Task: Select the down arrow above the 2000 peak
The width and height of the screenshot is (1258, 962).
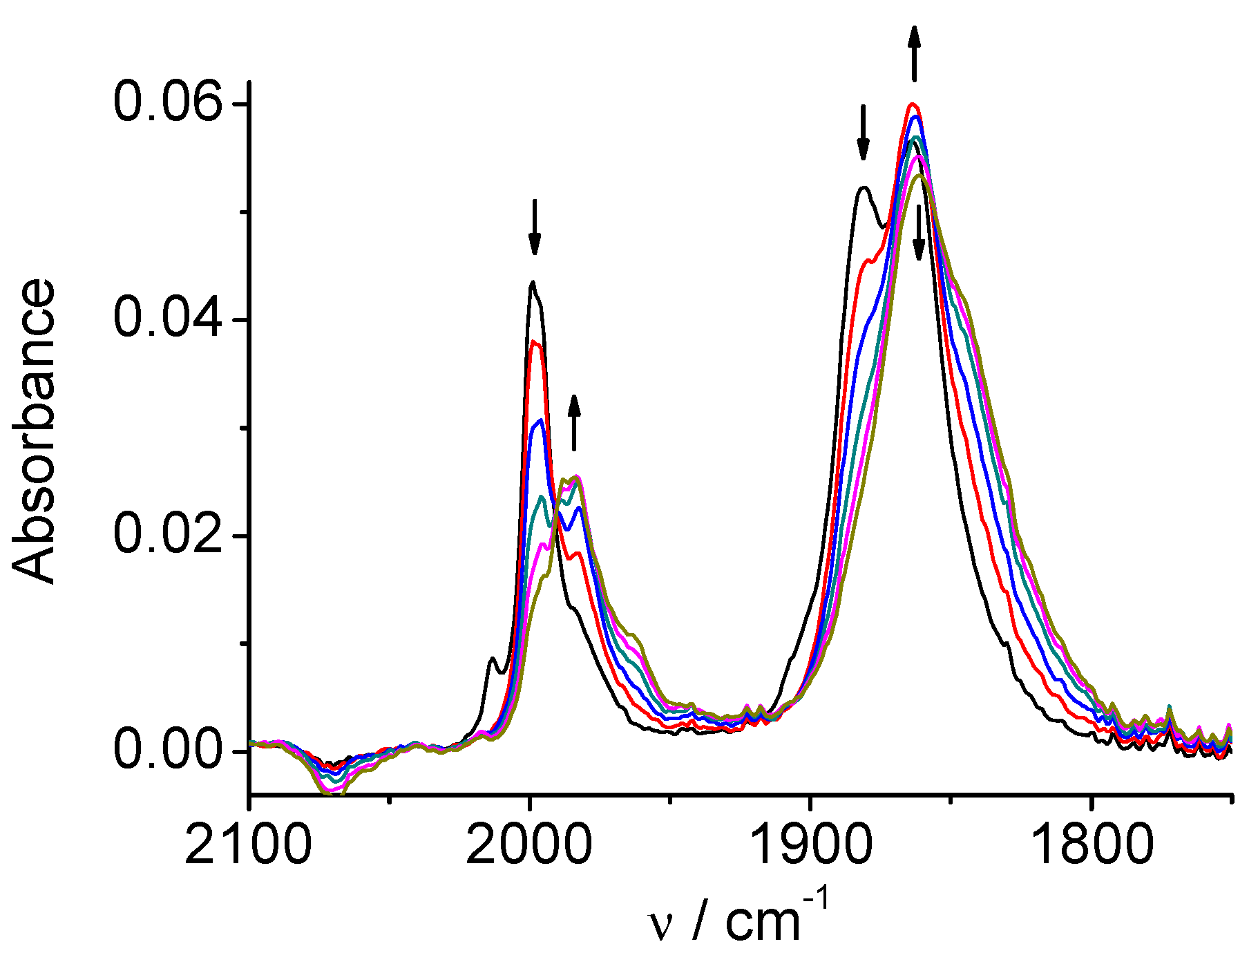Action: [x=534, y=227]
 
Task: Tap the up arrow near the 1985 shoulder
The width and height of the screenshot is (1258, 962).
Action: [x=573, y=422]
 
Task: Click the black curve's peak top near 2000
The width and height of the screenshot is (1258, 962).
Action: [x=532, y=282]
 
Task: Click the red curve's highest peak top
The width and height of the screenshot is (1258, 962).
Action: [x=913, y=104]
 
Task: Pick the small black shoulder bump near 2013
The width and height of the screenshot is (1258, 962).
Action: [x=492, y=658]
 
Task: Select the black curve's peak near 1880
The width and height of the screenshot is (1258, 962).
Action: [x=863, y=187]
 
